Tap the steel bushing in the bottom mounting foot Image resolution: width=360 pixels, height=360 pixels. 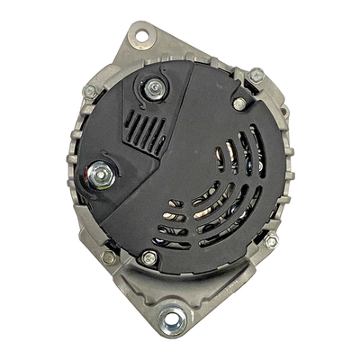[x=168, y=318]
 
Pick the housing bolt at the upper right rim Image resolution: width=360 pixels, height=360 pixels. [x=256, y=76]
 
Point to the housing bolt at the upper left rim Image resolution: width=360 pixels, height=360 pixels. [x=90, y=92]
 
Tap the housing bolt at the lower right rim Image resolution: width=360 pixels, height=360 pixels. [x=271, y=241]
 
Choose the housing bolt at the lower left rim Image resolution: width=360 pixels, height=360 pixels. [x=108, y=257]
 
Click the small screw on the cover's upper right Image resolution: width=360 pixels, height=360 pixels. [x=239, y=103]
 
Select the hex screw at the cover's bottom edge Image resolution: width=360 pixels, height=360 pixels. [x=149, y=258]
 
